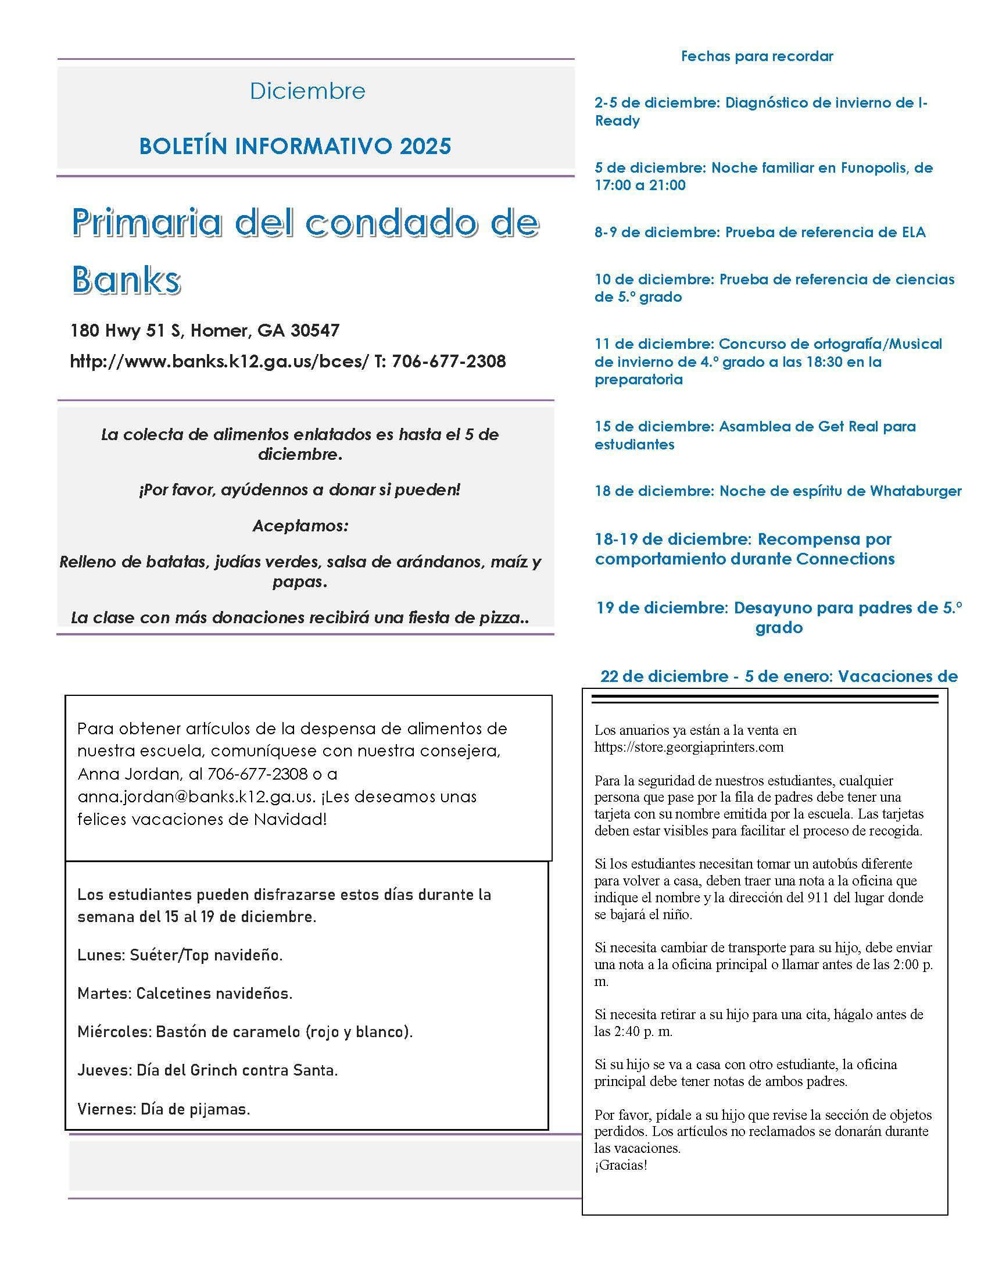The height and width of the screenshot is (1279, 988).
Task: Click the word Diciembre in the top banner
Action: pyautogui.click(x=307, y=91)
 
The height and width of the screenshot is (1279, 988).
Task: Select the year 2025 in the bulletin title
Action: pyautogui.click(x=425, y=146)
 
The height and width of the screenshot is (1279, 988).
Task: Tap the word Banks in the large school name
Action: pyautogui.click(x=126, y=280)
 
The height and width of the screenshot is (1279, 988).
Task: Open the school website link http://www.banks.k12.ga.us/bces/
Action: pyautogui.click(x=220, y=362)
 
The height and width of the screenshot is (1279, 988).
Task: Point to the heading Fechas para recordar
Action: pyautogui.click(x=757, y=56)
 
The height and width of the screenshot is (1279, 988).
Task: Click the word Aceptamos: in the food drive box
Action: pyautogui.click(x=300, y=526)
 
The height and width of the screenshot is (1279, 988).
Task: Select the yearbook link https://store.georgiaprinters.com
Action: pyautogui.click(x=689, y=746)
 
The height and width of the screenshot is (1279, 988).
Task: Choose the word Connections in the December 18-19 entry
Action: pyautogui.click(x=845, y=559)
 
